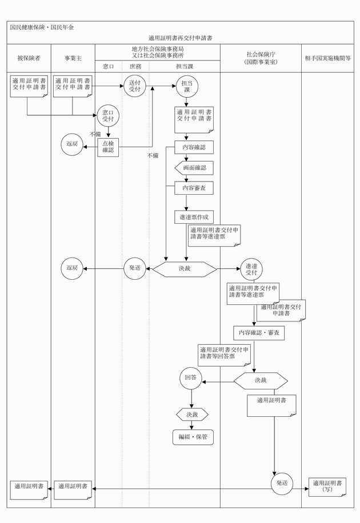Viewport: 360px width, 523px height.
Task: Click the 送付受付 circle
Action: click(135, 86)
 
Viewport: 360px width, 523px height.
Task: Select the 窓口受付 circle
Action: click(108, 116)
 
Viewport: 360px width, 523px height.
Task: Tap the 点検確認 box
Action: click(108, 147)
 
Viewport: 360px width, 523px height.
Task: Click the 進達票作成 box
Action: click(194, 217)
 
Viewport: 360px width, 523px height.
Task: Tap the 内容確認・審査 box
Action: click(259, 332)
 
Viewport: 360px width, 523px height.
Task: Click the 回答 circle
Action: click(191, 378)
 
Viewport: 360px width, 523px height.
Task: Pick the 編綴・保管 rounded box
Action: click(193, 437)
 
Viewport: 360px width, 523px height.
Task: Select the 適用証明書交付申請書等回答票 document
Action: click(224, 355)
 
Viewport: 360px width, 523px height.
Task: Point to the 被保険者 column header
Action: click(29, 58)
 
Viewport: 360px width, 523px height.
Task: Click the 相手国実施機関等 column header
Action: click(328, 58)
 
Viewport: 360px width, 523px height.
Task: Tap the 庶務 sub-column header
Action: click(135, 67)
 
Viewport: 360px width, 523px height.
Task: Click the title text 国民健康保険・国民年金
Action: click(42, 27)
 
